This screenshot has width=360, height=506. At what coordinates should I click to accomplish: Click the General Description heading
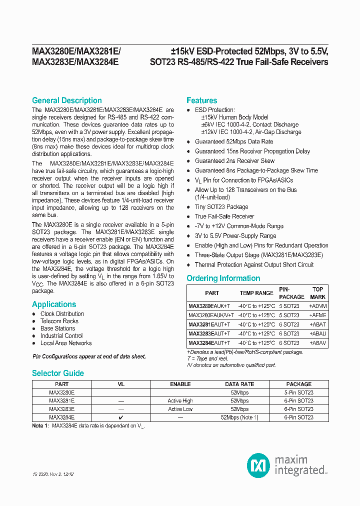coord(66,100)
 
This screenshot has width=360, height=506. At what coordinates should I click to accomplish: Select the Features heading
coord(201,100)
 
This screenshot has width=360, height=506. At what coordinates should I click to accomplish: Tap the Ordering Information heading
coord(223,278)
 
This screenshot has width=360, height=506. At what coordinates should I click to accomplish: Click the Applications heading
coord(54,304)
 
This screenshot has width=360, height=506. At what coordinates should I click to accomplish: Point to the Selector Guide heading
coord(57,373)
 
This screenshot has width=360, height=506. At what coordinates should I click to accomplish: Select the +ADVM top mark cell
coord(317,306)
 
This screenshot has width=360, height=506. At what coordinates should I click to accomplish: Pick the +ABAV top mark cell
coord(317,343)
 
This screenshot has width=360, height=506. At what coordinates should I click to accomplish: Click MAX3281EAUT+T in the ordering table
coord(209,324)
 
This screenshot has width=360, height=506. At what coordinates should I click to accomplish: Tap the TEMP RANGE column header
coord(256,293)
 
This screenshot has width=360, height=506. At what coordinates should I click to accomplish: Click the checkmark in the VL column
coord(120,417)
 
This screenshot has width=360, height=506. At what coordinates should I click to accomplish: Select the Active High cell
coord(180,400)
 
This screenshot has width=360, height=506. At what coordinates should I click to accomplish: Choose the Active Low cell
coord(180,409)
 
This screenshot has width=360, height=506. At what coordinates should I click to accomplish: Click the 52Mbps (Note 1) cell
coord(239,417)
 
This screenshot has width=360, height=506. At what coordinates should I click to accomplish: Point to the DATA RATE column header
coord(239,384)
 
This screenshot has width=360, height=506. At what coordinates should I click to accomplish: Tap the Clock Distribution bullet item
coord(62,314)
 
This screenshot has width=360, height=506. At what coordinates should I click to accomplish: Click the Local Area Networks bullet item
coord(66,343)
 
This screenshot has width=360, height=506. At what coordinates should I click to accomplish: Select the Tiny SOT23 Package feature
coord(221,207)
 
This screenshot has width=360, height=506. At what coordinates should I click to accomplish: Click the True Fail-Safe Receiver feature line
coord(224,216)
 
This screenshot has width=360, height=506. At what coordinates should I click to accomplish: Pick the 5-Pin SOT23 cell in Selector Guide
coord(298,392)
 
